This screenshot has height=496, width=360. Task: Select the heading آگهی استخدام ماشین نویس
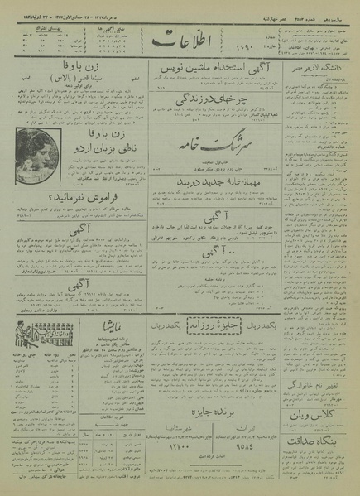[x=214, y=75]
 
